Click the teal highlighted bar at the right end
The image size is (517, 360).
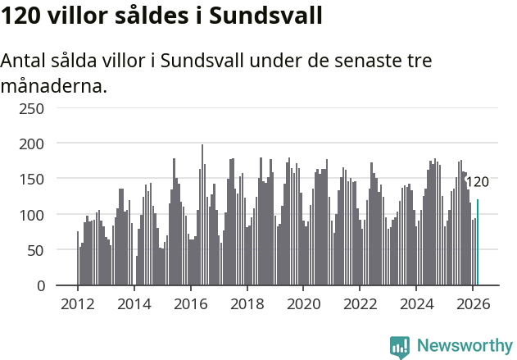pyautogui.click(x=478, y=243)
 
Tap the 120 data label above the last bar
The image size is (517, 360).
pyautogui.click(x=477, y=182)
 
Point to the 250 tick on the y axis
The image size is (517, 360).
pyautogui.click(x=33, y=107)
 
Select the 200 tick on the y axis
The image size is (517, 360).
pyautogui.click(x=33, y=144)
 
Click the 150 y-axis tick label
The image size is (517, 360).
pyautogui.click(x=33, y=179)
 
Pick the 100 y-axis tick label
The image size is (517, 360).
pyautogui.click(x=33, y=215)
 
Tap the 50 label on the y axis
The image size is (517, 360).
pyautogui.click(x=37, y=250)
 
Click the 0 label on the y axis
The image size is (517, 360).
pyautogui.click(x=41, y=285)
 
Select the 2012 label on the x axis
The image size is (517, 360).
pyautogui.click(x=78, y=303)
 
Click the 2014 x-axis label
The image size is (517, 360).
pyautogui.click(x=134, y=303)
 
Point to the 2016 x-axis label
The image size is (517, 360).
pyautogui.click(x=191, y=303)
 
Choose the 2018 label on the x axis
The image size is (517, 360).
pyautogui.click(x=247, y=303)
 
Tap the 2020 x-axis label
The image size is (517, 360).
pyautogui.click(x=303, y=303)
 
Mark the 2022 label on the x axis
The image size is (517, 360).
pyautogui.click(x=360, y=303)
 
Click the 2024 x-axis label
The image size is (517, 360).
pyautogui.click(x=416, y=303)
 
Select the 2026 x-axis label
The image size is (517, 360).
pyautogui.click(x=473, y=303)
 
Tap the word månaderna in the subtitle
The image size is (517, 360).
pyautogui.click(x=54, y=85)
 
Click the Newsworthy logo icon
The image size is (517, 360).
pyautogui.click(x=400, y=346)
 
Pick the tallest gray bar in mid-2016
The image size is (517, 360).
pyautogui.click(x=202, y=215)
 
